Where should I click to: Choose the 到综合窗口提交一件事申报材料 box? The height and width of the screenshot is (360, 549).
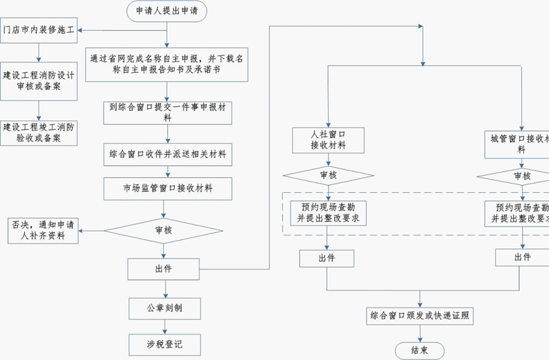(x=168, y=112)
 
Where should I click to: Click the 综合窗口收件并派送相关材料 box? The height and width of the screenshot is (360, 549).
(x=168, y=155)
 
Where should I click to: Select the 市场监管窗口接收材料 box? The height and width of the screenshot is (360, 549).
(x=168, y=189)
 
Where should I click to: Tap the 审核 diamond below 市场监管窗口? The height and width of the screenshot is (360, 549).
(x=168, y=229)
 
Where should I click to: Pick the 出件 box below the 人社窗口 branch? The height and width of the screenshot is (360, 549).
(x=327, y=258)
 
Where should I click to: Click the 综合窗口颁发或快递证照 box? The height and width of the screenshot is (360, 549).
(x=420, y=316)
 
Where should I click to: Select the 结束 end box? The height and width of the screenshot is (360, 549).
(x=420, y=350)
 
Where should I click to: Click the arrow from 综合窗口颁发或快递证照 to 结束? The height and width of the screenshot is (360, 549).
(x=420, y=333)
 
